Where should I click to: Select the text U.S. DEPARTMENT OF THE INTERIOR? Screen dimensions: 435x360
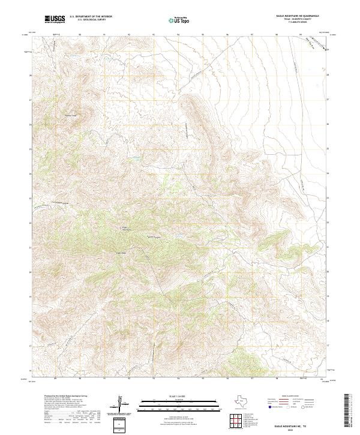91,17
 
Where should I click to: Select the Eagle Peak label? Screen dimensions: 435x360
120,253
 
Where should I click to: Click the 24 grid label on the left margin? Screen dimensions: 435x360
31,174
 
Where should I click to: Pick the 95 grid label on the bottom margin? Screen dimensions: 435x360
203,379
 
